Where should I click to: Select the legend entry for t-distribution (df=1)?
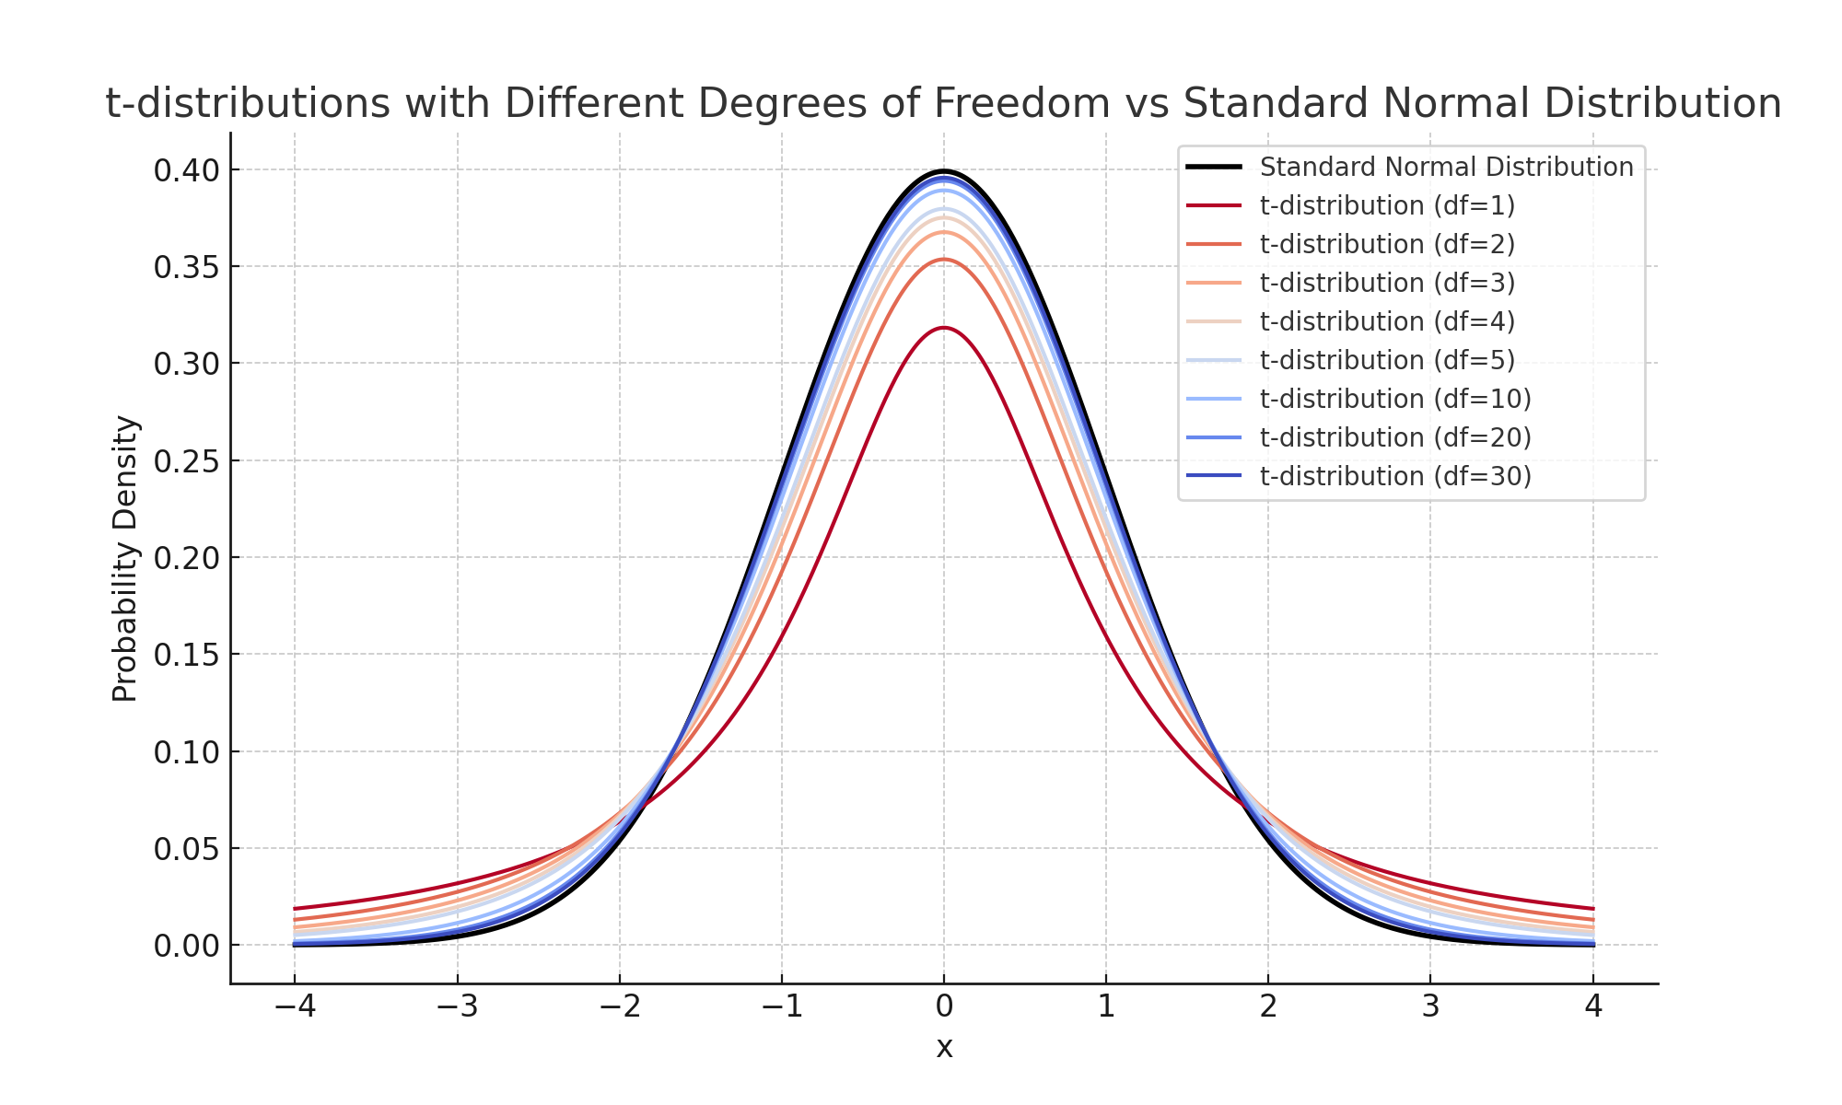coord(1387,206)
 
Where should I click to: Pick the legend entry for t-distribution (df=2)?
coord(1387,245)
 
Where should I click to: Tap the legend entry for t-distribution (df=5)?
coord(1387,360)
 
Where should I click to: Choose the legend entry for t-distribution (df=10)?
coord(1395,399)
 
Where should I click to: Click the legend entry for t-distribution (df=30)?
coord(1395,476)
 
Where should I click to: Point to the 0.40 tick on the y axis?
coord(186,170)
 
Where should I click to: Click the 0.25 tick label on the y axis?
coord(186,461)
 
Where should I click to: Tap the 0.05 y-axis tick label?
coord(186,849)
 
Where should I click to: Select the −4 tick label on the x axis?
coord(295,1007)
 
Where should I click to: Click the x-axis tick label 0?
coord(944,1007)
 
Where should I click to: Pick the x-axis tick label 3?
coord(1430,1007)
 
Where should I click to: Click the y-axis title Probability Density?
coord(125,559)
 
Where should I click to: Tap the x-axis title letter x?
coord(944,1048)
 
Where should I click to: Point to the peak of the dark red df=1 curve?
coord(944,328)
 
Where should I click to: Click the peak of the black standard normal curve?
coord(944,171)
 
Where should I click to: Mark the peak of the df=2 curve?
coord(944,260)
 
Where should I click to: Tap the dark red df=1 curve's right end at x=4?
coord(1592,909)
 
